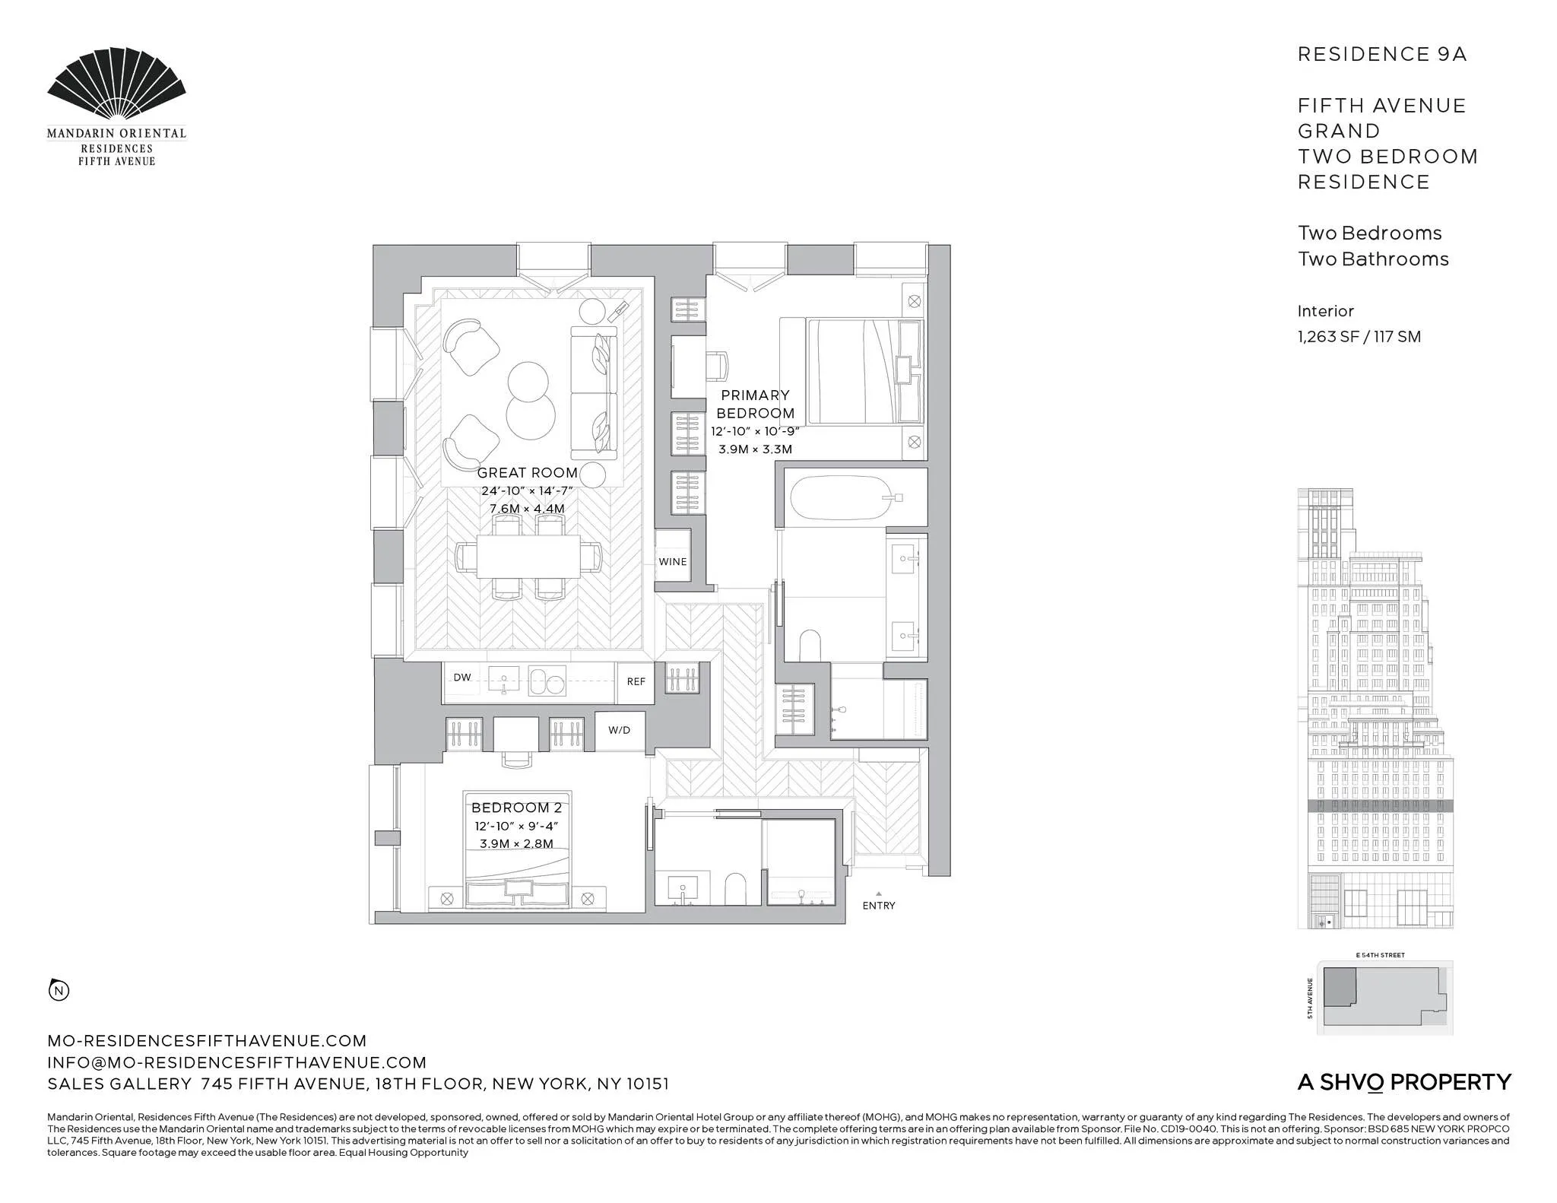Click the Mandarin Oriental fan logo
coord(116,85)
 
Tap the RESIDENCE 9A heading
coord(1381,54)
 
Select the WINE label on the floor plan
coord(672,562)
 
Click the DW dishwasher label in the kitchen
coord(461,678)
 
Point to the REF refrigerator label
coord(636,681)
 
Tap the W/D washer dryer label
coord(619,730)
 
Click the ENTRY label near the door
coord(878,906)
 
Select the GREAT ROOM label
coord(527,473)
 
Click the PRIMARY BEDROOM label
coord(755,404)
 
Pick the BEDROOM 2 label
coord(516,808)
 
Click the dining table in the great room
coord(528,557)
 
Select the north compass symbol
coord(59,990)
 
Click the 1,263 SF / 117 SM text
coord(1359,337)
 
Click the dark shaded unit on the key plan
coord(1340,986)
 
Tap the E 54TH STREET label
coord(1380,955)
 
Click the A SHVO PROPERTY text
coord(1403,1082)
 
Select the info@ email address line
coord(236,1062)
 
